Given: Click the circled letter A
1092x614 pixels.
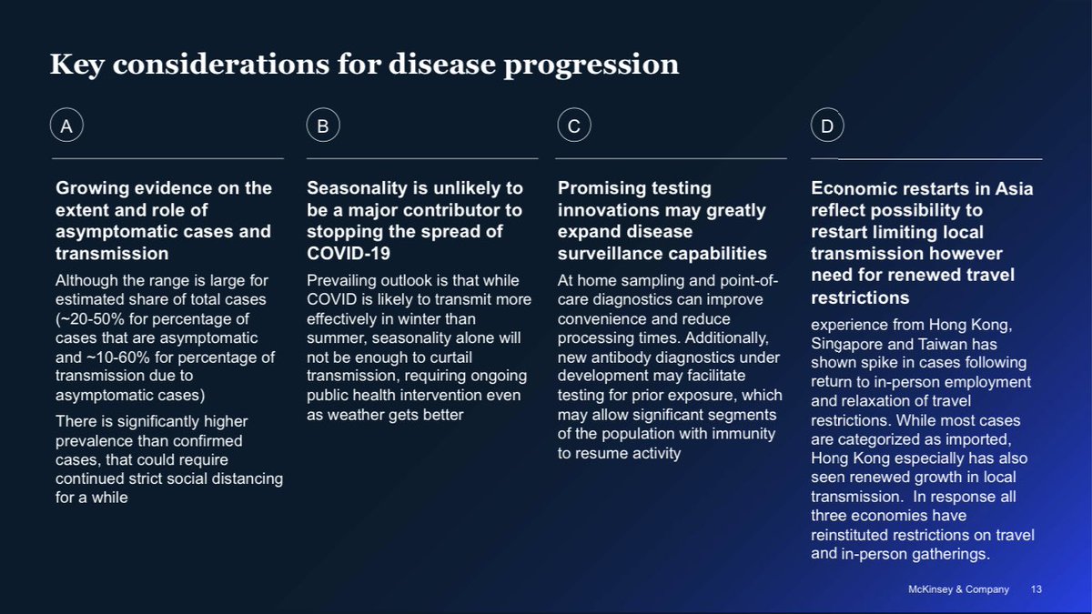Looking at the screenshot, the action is pos(66,126).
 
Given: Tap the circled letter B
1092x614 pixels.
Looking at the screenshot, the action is pos(323,126).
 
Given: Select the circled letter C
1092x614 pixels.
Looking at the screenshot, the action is pos(574,126).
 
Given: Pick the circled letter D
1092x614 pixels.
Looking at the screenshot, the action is pos(827,126).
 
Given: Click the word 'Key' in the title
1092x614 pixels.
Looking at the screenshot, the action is pos(76,65).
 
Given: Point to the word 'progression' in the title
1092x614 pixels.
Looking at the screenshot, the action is pos(591,65).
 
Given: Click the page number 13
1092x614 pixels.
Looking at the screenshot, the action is pos(1036,589).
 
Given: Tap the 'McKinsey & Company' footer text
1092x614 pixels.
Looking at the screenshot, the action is pos(958,589).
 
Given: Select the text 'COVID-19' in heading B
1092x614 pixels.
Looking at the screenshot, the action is pos(349,254).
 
